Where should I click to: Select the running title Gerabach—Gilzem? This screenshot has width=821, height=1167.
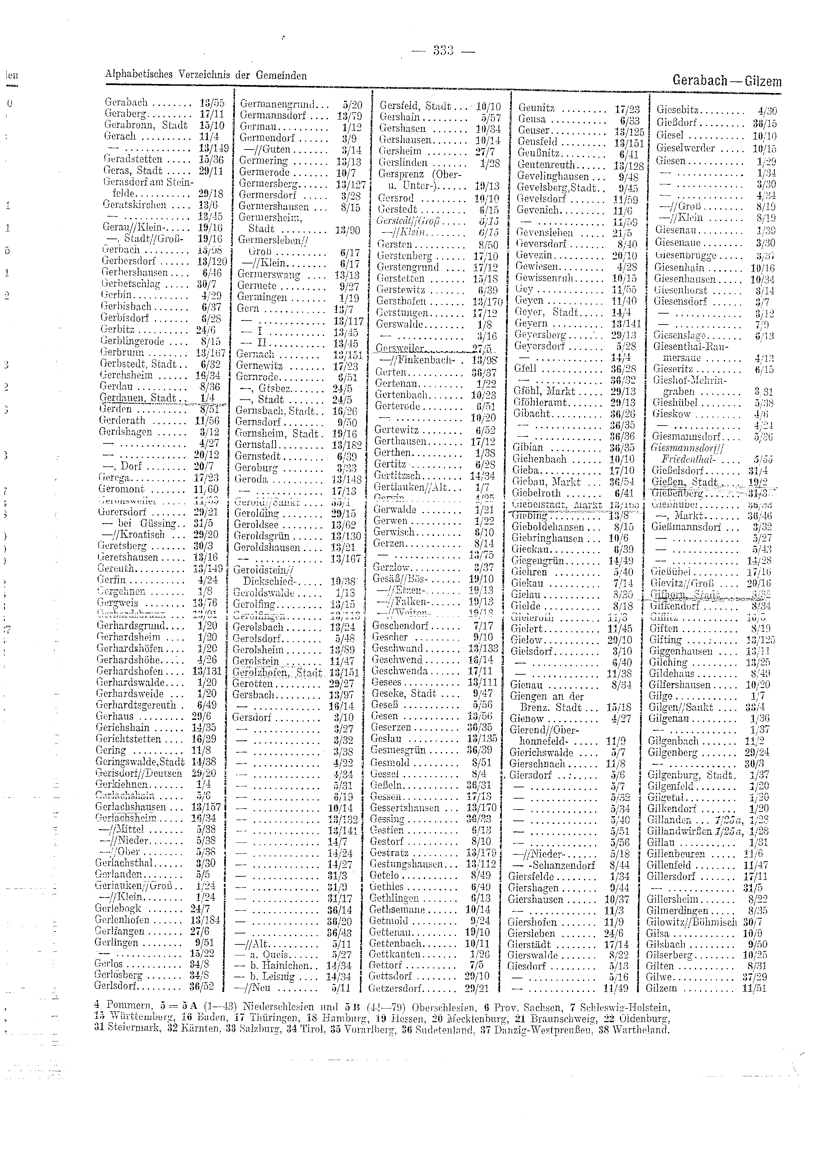tap(726, 81)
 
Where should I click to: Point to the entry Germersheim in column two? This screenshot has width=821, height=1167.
tap(270, 218)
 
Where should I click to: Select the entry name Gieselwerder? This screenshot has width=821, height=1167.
tap(685, 148)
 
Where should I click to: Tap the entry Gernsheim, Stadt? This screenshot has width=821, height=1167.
tap(278, 434)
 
